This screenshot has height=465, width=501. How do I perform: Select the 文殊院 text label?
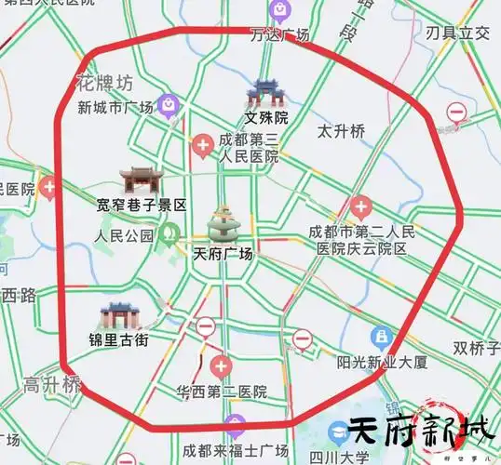(x=266, y=118)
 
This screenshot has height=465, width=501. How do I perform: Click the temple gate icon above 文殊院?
(x=264, y=92)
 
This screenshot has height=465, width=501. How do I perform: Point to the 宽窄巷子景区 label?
(x=142, y=205)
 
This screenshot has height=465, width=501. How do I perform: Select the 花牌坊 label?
(x=101, y=84)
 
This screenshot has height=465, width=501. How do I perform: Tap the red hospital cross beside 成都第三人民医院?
(x=202, y=144)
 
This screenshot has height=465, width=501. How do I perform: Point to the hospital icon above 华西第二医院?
(x=221, y=365)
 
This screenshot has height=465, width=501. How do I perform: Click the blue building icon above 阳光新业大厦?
(x=381, y=338)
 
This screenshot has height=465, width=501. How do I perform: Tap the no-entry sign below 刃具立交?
(x=456, y=112)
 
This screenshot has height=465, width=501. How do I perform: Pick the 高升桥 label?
(x=52, y=384)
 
